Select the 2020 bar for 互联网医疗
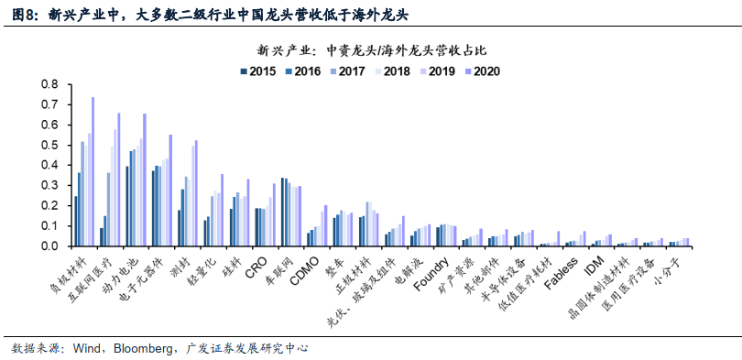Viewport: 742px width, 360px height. click(119, 180)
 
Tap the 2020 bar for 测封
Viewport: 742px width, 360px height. click(196, 193)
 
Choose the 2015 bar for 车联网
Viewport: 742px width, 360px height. click(282, 212)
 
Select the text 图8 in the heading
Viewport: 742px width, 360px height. click(21, 12)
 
